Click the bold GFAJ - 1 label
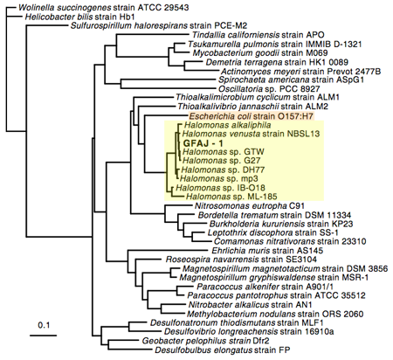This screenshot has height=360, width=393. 203,143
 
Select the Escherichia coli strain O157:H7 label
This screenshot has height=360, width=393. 252,116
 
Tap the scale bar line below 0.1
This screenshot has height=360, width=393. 44,336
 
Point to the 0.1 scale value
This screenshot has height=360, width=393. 44,325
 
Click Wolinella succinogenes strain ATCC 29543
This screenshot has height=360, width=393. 104,8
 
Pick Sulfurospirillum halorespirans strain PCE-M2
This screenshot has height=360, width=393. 159,25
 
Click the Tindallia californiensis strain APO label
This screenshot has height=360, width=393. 258,35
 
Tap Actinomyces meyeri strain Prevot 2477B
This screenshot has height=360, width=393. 300,72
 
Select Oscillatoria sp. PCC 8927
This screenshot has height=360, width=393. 269,89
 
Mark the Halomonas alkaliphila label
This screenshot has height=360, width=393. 227,125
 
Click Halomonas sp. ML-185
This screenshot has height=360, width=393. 231,197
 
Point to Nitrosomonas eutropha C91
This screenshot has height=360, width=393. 250,206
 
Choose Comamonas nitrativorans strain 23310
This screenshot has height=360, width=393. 290,241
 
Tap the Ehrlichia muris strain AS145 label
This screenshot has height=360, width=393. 267,251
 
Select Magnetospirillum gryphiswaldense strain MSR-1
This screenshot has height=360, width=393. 274,277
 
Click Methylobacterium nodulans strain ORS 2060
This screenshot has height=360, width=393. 275,314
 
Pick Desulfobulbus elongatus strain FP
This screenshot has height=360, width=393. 223,350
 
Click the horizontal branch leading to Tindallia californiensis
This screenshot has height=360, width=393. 153,35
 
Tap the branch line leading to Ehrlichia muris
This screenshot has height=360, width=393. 169,250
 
